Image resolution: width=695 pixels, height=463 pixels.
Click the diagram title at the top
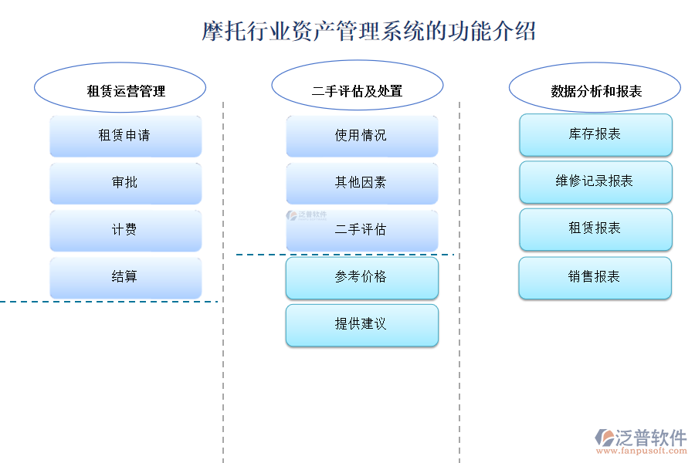pyautogui.click(x=369, y=32)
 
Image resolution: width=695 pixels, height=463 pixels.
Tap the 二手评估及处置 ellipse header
pyautogui.click(x=357, y=90)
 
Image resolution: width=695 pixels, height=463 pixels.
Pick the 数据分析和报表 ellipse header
pyautogui.click(x=595, y=90)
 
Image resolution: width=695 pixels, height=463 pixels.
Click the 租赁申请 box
pyautogui.click(x=125, y=136)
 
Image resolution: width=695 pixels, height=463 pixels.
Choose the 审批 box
pyautogui.click(x=125, y=183)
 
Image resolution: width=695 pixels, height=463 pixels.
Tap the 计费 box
pyautogui.click(x=125, y=230)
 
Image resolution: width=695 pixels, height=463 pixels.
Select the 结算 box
pyautogui.click(x=125, y=277)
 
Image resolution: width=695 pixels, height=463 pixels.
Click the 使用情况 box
pyautogui.click(x=361, y=136)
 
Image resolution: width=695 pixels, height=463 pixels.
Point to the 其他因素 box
pyautogui.click(x=361, y=183)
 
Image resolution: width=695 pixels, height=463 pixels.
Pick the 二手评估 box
pyautogui.click(x=361, y=230)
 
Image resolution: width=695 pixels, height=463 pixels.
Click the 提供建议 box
pyautogui.click(x=361, y=325)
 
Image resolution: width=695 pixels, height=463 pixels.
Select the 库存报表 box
pyautogui.click(x=595, y=134)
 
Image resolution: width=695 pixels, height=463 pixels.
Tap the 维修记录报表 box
pyautogui.click(x=595, y=181)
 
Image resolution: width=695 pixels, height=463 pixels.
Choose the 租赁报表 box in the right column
pyautogui.click(x=595, y=229)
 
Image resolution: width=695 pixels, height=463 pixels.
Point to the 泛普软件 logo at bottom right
pyautogui.click(x=641, y=438)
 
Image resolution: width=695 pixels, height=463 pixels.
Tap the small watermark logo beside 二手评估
pyautogui.click(x=307, y=216)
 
